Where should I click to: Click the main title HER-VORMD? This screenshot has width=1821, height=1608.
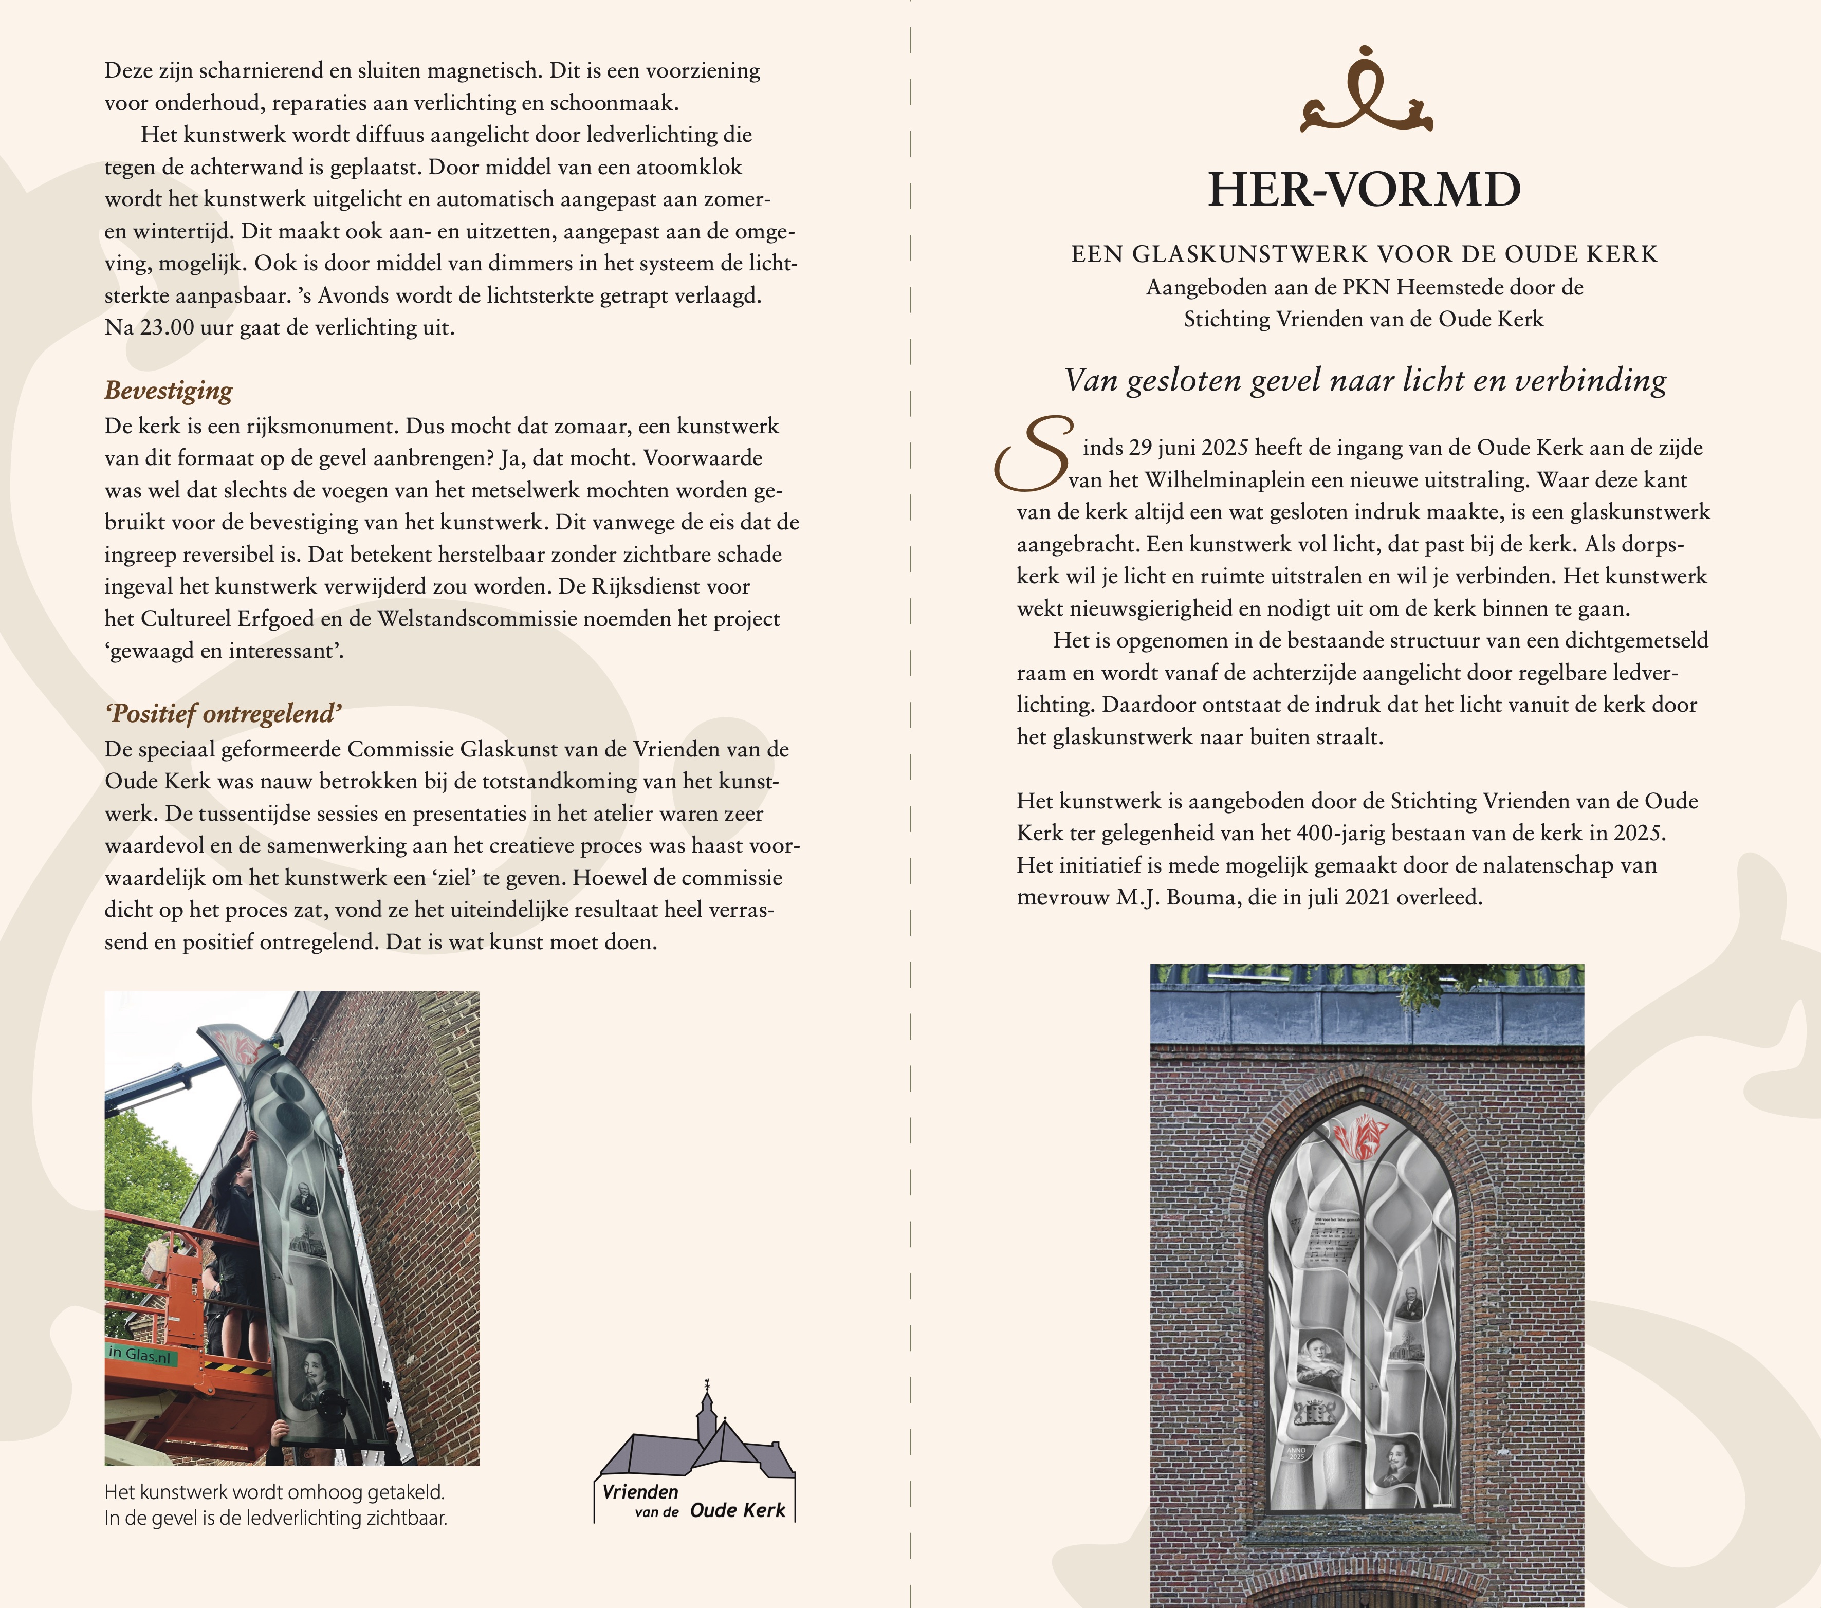click(1363, 190)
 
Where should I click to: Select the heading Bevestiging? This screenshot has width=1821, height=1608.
click(169, 390)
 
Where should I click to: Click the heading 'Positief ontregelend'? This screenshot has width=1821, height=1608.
click(223, 714)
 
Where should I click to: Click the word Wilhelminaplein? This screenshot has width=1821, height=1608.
click(1224, 480)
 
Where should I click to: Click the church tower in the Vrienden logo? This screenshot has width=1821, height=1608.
click(707, 1412)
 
